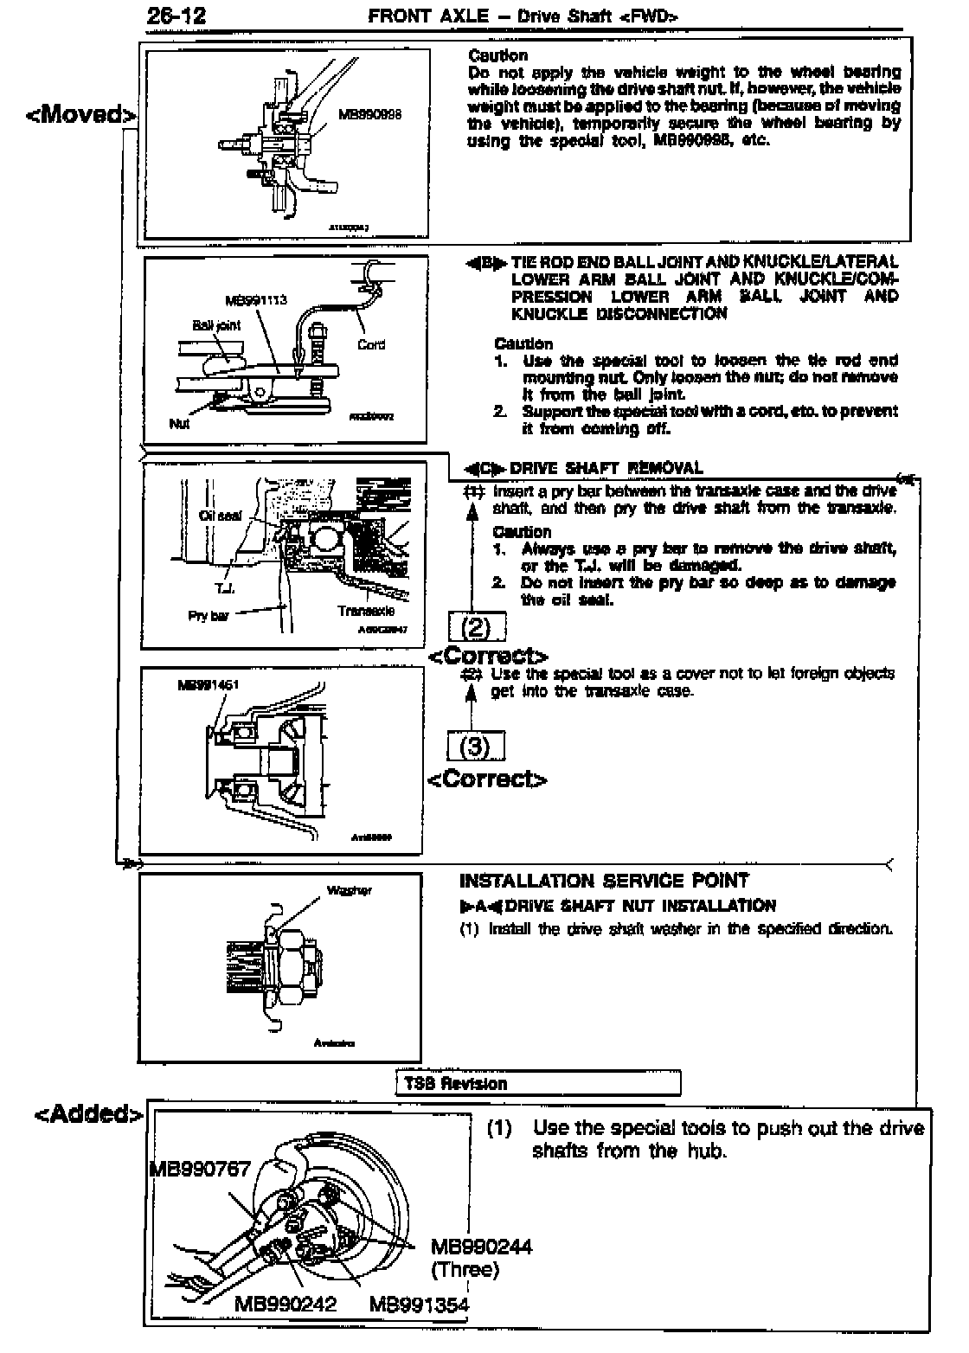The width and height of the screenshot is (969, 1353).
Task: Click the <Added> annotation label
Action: click(x=87, y=1113)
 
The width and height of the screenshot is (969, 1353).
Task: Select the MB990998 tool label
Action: click(x=370, y=113)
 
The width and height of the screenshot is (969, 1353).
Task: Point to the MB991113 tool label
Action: click(x=255, y=301)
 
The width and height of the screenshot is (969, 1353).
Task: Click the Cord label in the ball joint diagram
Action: click(x=370, y=344)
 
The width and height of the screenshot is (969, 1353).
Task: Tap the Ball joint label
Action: click(x=216, y=325)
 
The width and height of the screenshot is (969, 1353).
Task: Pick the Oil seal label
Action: click(x=220, y=516)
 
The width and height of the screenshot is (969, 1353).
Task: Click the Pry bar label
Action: click(x=208, y=616)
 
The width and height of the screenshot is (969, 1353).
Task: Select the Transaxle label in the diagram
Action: click(x=366, y=610)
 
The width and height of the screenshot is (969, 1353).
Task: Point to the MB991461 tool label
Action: click(x=208, y=684)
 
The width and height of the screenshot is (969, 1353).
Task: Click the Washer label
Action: click(x=349, y=890)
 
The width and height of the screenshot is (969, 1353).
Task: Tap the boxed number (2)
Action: click(x=477, y=626)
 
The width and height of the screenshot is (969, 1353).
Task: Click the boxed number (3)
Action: click(x=475, y=746)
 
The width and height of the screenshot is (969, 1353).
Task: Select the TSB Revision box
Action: click(x=538, y=1083)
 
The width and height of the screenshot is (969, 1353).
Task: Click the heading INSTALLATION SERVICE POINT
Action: click(x=604, y=881)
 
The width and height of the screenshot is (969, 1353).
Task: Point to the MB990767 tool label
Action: click(x=201, y=1170)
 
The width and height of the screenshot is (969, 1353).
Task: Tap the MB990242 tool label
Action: click(x=285, y=1304)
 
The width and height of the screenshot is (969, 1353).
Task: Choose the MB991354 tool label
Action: click(x=419, y=1304)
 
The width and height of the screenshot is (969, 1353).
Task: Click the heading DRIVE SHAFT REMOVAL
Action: click(x=606, y=468)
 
